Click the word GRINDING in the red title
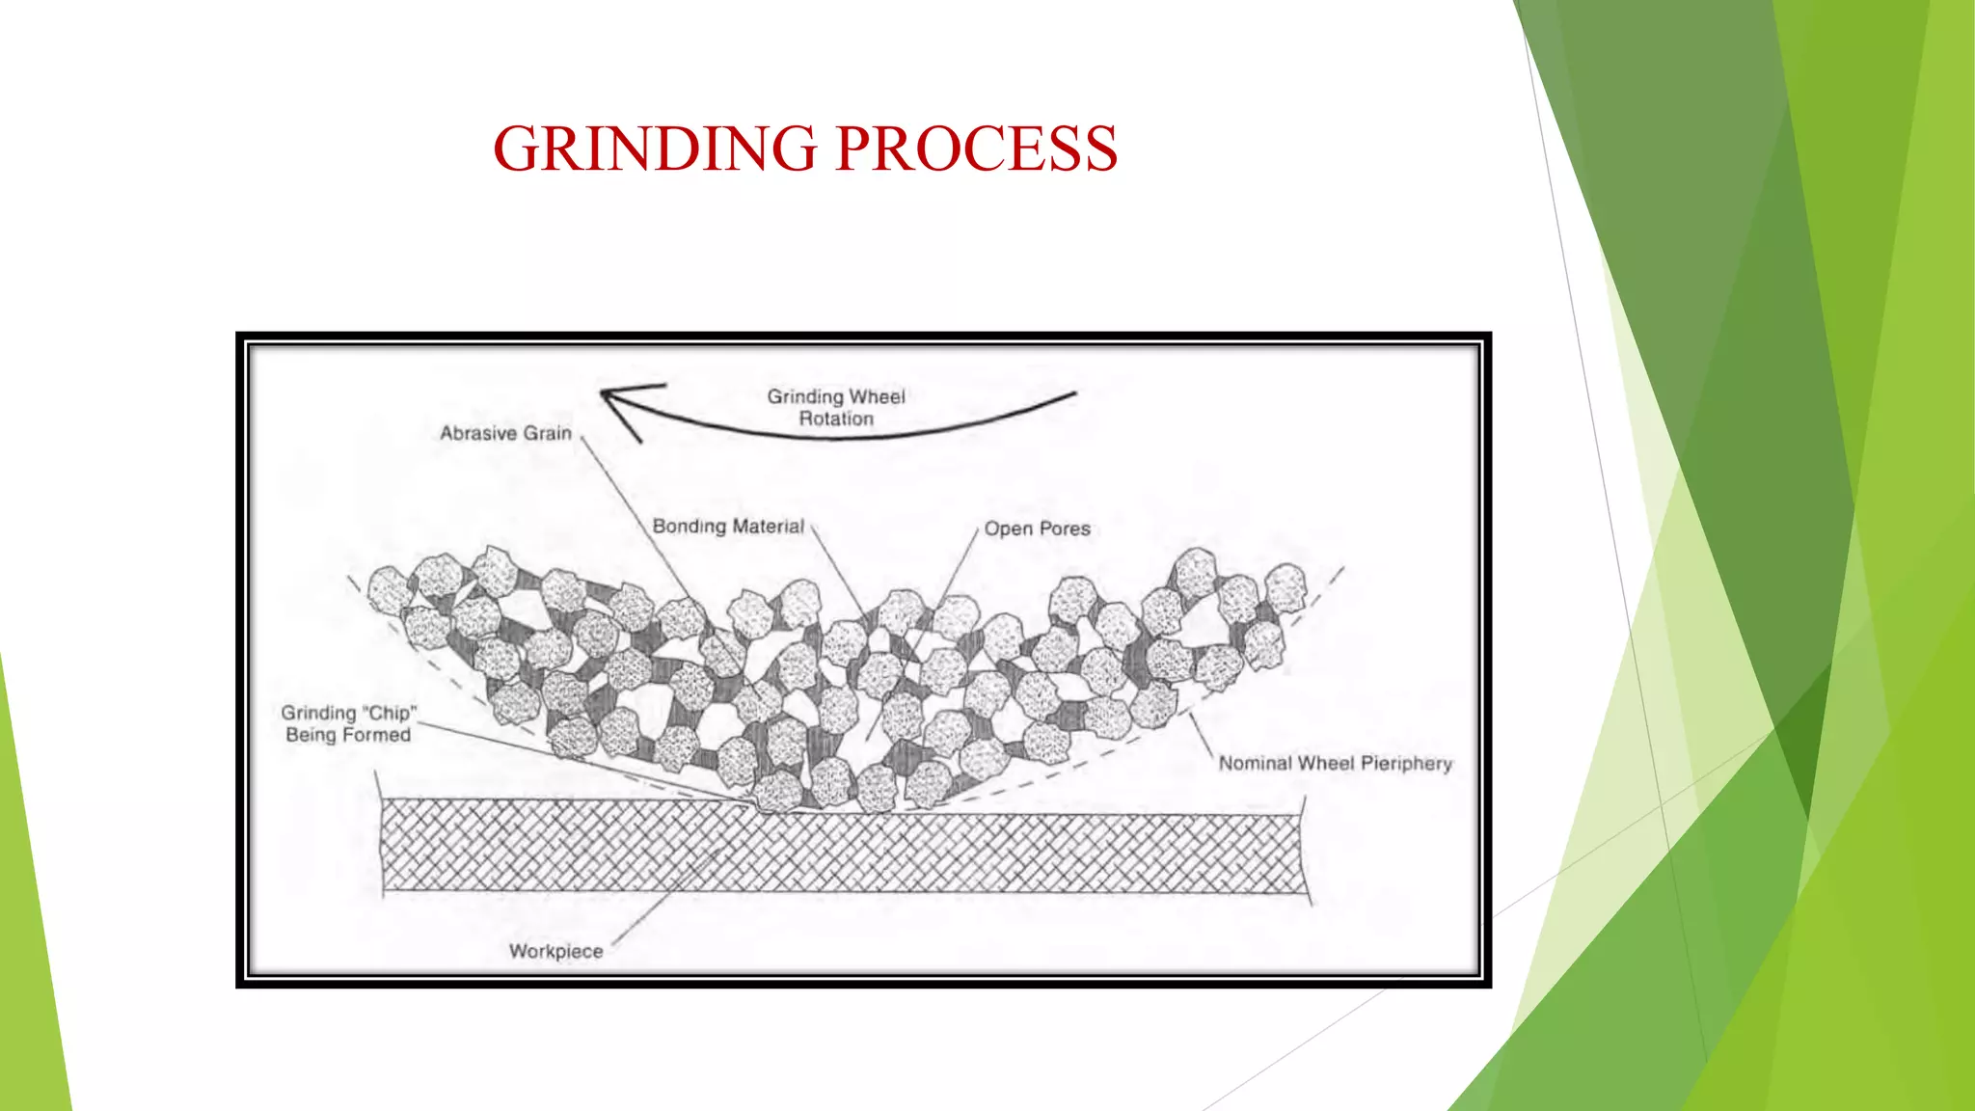click(x=656, y=149)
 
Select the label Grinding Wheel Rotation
click(x=836, y=407)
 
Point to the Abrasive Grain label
click(x=505, y=433)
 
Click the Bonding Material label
click(x=728, y=526)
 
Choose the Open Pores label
click(x=1037, y=528)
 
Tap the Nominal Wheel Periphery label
click(x=1335, y=763)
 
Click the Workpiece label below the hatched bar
click(x=555, y=951)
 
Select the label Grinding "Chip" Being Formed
click(x=348, y=723)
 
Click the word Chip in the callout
click(x=390, y=713)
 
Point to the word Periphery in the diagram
click(x=1406, y=763)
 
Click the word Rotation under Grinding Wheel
click(x=836, y=419)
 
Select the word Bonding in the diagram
click(x=689, y=526)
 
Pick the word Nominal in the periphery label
click(x=1255, y=763)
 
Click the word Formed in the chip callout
click(x=375, y=735)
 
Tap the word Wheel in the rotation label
click(x=877, y=396)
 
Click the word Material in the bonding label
click(x=768, y=526)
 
